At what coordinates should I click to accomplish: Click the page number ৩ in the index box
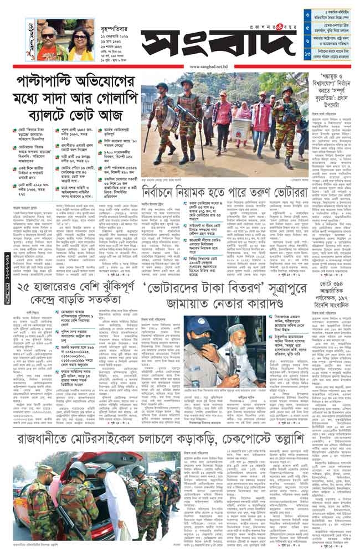(x=307, y=14)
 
